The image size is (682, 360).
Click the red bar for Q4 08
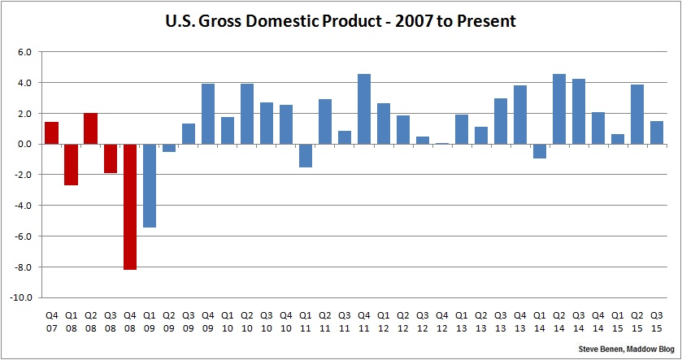coord(130,206)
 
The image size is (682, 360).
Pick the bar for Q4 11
coord(364,109)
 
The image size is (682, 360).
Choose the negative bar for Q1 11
coord(306,155)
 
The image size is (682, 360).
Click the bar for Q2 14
coord(559,109)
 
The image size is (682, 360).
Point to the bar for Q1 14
coord(540,151)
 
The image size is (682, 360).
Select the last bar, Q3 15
coord(657,132)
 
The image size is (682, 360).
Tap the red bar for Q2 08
coord(91,128)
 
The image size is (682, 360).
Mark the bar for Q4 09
coord(208,114)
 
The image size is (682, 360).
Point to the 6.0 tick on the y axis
coord(24,52)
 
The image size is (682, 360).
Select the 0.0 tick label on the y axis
coord(24,145)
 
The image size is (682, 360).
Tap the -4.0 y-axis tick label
coord(23,206)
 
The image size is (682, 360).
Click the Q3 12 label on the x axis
coord(423,319)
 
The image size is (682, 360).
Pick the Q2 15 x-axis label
coord(637,319)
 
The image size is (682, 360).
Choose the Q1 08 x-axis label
coord(72,319)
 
